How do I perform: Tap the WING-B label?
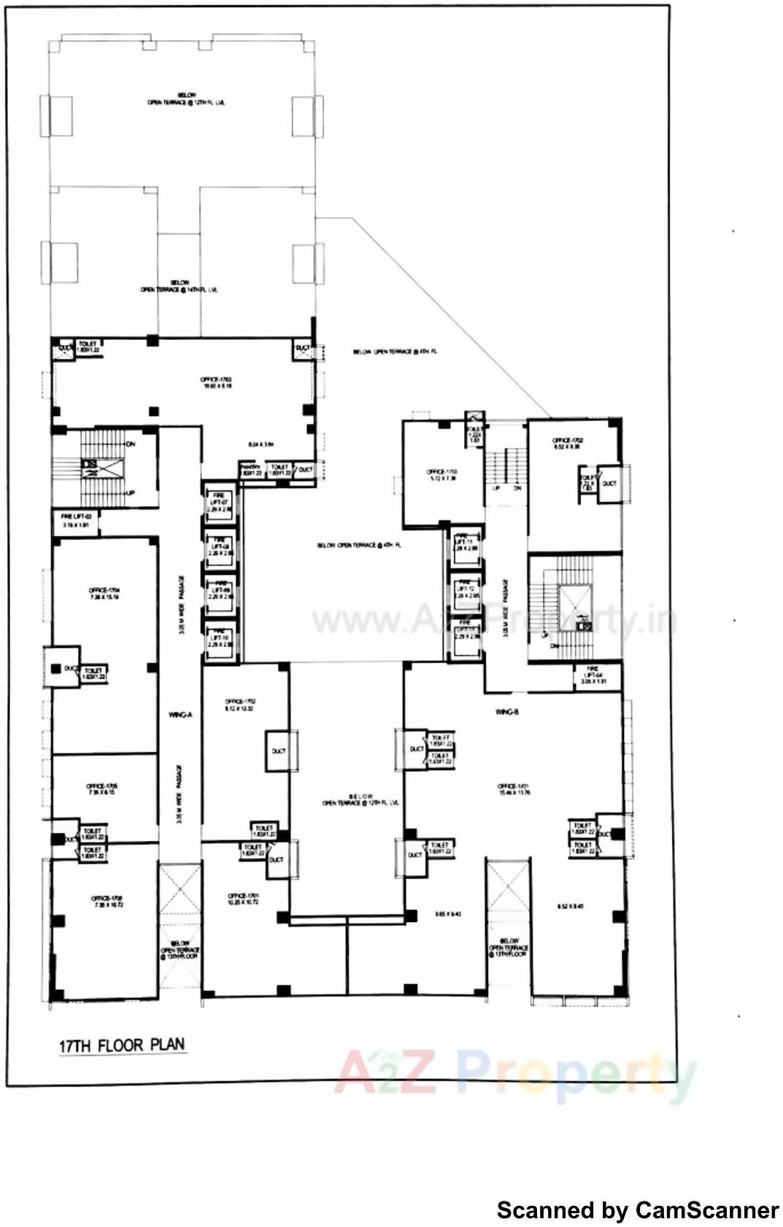[x=506, y=711]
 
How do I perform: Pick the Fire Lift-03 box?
[x=75, y=520]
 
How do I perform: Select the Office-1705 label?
[x=102, y=789]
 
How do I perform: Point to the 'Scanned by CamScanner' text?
[x=637, y=1210]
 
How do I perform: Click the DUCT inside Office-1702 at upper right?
[x=609, y=483]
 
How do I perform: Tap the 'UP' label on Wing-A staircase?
[x=131, y=494]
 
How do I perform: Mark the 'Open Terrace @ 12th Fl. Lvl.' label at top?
[x=185, y=99]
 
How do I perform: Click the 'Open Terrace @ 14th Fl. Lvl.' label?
[x=180, y=286]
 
